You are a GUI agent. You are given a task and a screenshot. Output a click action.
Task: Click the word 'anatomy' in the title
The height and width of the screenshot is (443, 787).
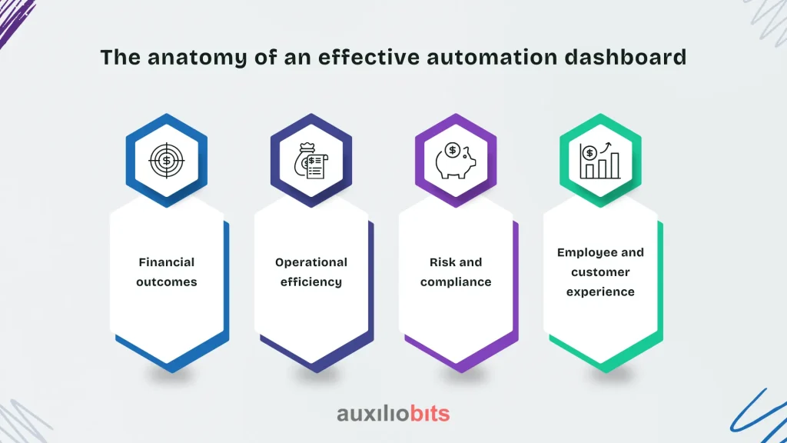[x=198, y=58]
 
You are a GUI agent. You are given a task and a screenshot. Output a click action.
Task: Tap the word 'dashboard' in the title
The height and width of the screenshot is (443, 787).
[x=626, y=57]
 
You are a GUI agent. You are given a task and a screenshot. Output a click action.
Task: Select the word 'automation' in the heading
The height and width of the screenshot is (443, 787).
[x=492, y=57]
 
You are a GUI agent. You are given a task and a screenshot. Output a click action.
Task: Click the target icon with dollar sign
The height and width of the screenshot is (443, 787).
[x=167, y=161]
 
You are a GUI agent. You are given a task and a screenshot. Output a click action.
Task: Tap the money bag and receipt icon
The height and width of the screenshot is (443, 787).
[x=311, y=161]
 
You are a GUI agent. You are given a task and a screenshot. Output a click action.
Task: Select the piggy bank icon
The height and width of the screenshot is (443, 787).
[x=455, y=161]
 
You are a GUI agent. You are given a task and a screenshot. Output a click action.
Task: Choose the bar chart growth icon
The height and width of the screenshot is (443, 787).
[x=599, y=161]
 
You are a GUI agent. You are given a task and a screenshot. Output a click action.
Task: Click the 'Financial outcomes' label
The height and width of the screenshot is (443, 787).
[x=167, y=271]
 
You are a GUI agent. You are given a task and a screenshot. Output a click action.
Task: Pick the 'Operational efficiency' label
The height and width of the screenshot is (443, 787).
[x=311, y=271]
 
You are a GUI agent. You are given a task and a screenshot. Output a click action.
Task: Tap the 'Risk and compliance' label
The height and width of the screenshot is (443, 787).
[x=456, y=271]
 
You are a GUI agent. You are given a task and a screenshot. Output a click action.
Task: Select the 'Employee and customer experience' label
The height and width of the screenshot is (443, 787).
[x=600, y=271]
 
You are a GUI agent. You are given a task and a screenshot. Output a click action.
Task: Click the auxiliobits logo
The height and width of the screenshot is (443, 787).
[x=393, y=414]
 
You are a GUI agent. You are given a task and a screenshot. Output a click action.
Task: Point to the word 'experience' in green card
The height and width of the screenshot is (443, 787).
[x=600, y=291]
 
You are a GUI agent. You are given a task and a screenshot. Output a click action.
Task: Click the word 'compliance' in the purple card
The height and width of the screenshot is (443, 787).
[x=456, y=282]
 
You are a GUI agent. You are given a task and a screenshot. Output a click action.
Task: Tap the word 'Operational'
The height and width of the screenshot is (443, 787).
[x=311, y=262]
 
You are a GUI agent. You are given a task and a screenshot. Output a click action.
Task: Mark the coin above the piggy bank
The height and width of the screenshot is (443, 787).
[x=453, y=150]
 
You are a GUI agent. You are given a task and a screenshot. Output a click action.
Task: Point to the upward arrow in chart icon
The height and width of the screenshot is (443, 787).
[x=606, y=147]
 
